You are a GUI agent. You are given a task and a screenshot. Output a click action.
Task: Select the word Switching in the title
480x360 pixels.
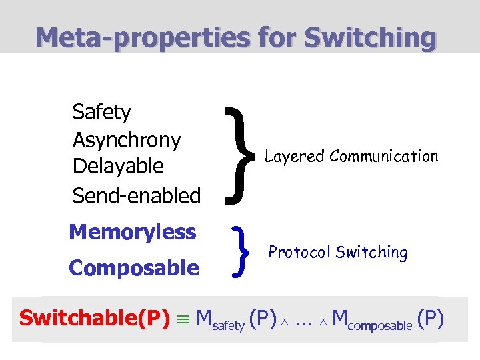pos(370,37)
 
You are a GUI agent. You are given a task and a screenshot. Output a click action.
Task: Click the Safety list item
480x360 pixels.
pos(101,112)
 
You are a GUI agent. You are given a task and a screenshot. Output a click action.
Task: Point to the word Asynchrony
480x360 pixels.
pos(127,140)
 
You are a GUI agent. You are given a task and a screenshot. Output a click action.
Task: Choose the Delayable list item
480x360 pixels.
pos(118,166)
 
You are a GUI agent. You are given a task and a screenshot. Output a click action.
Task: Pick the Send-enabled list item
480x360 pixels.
pos(137,195)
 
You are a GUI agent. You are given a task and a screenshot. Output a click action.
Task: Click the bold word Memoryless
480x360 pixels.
pos(133,232)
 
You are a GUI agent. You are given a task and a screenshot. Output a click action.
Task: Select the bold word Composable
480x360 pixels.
pos(134,268)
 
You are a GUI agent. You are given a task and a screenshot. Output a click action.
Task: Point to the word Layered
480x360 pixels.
pos(295,157)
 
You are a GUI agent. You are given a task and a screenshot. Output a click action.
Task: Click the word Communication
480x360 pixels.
pos(384,156)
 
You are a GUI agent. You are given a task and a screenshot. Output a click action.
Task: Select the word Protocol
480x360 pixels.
pos(299,252)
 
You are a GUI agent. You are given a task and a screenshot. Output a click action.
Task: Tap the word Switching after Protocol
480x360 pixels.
pos(372,253)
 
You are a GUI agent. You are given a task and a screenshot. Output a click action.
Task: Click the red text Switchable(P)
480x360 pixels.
pos(95,317)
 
